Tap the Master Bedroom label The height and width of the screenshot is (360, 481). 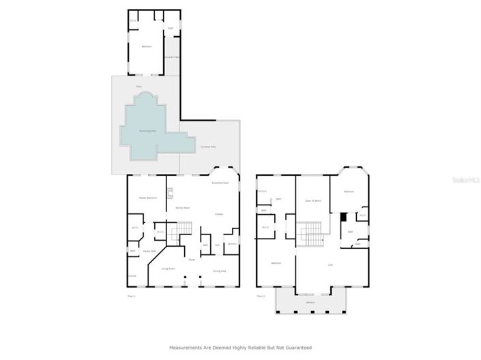coord(148,198)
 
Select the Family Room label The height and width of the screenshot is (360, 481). coord(182,207)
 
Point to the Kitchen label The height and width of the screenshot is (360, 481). coord(219,214)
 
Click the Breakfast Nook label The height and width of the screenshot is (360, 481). coord(220,183)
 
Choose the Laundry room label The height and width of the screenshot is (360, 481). coord(232,244)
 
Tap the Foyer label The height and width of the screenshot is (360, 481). coord(192,260)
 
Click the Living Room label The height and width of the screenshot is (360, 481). coord(169,269)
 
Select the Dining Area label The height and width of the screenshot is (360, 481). coord(219,271)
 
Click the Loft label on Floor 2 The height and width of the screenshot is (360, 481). coord(330,265)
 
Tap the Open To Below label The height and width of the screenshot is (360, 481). coord(312,200)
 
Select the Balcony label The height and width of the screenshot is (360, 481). coord(310,301)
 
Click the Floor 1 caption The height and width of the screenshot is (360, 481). coord(131,296)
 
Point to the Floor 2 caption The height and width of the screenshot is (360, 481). coord(261,296)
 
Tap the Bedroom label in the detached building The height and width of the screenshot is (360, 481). coord(146,46)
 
